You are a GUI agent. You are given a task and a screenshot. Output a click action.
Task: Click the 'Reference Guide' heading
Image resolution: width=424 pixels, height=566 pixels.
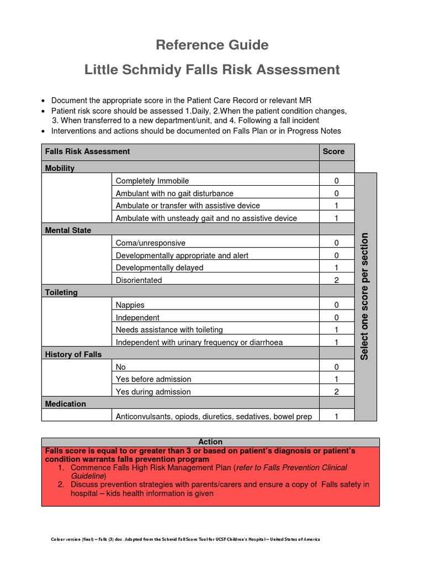(x=212, y=45)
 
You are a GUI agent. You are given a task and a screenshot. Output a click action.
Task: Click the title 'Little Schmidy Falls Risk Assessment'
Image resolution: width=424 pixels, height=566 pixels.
(x=212, y=70)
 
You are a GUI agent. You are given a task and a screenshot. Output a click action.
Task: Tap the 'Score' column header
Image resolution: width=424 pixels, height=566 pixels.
(x=333, y=151)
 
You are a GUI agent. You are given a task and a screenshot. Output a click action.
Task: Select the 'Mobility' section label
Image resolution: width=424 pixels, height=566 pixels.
(x=60, y=168)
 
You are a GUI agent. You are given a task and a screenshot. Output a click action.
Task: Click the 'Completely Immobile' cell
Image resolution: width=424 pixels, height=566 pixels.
(x=152, y=181)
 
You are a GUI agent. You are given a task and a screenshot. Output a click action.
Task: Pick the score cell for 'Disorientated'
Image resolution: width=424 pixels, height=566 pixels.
(x=336, y=280)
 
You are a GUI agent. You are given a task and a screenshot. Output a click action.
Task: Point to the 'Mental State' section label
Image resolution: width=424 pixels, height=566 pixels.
(x=68, y=230)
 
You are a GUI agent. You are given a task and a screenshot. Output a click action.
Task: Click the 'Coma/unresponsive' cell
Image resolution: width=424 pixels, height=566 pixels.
(x=151, y=243)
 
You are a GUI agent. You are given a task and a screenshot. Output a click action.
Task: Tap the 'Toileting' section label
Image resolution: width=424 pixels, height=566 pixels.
(x=61, y=292)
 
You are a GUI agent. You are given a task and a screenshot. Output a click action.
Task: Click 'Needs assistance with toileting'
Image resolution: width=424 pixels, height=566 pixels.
(x=169, y=329)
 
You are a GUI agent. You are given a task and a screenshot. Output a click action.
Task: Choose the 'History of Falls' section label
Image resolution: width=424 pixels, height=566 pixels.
(x=73, y=354)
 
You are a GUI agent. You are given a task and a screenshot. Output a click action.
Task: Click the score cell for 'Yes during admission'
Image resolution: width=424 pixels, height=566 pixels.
(x=336, y=392)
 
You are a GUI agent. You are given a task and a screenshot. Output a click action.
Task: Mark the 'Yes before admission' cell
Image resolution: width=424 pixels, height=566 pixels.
(x=153, y=379)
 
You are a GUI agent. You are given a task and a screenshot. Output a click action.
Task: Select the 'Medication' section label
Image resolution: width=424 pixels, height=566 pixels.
(x=66, y=404)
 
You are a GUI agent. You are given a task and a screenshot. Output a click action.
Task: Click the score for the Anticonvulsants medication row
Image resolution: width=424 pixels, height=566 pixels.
(x=336, y=416)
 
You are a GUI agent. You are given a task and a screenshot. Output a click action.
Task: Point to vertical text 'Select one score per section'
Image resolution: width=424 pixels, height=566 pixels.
(x=365, y=296)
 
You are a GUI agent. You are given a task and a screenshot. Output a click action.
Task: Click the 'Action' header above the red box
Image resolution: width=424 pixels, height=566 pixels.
(x=210, y=442)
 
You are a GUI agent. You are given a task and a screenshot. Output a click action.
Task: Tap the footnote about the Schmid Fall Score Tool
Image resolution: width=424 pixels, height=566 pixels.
(x=185, y=539)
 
